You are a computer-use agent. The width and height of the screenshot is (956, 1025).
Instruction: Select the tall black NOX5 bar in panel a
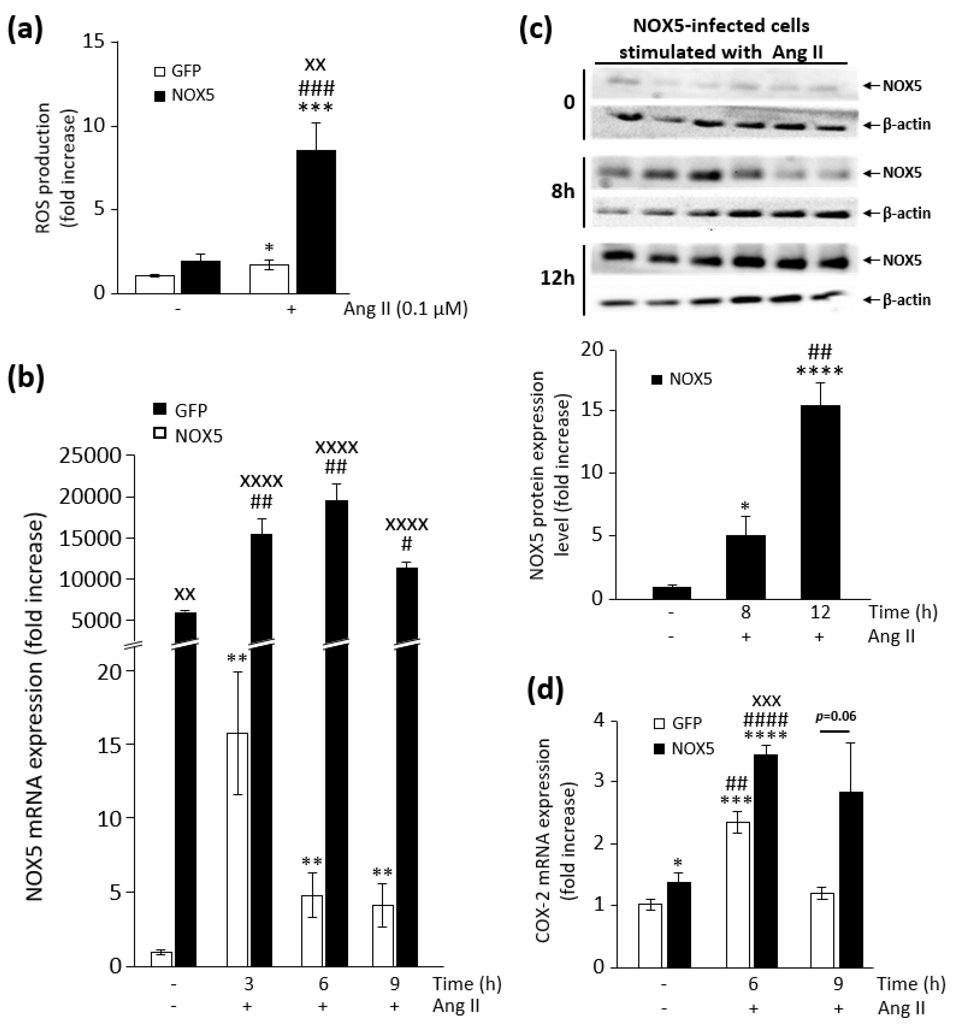[x=316, y=222]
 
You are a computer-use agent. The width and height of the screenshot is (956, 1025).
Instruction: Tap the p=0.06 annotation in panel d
[x=835, y=716]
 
